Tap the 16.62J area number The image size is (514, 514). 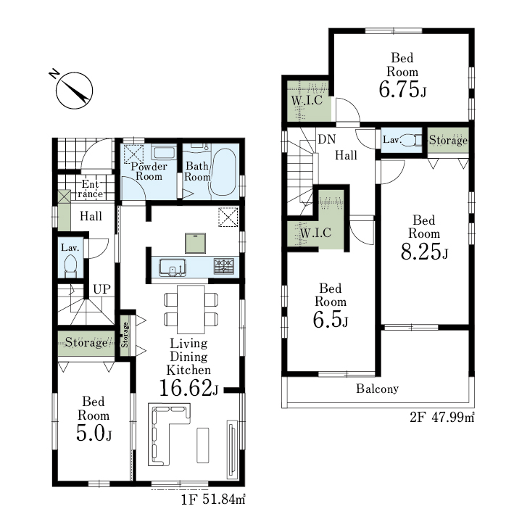pyautogui.click(x=188, y=388)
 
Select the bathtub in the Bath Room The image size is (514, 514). pyautogui.click(x=223, y=173)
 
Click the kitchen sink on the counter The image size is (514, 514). pyautogui.click(x=173, y=268)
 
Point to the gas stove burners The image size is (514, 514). pyautogui.click(x=224, y=266)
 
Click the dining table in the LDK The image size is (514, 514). pyautogui.click(x=191, y=309)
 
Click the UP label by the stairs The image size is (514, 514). pyautogui.click(x=101, y=289)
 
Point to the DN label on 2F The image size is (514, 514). pyautogui.click(x=327, y=139)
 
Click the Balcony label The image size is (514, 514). pyautogui.click(x=377, y=389)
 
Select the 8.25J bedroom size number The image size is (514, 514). pyautogui.click(x=424, y=252)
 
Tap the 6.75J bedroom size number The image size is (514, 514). pyautogui.click(x=402, y=89)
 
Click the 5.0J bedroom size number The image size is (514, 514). pyautogui.click(x=94, y=433)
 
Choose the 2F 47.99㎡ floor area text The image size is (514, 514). pyautogui.click(x=442, y=418)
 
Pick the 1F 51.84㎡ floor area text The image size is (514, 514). pyautogui.click(x=213, y=500)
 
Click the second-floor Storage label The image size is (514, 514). pyautogui.click(x=448, y=140)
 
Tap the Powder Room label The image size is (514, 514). pyautogui.click(x=149, y=171)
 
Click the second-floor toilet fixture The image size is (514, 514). pyautogui.click(x=412, y=140)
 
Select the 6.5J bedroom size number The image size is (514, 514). pyautogui.click(x=331, y=320)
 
